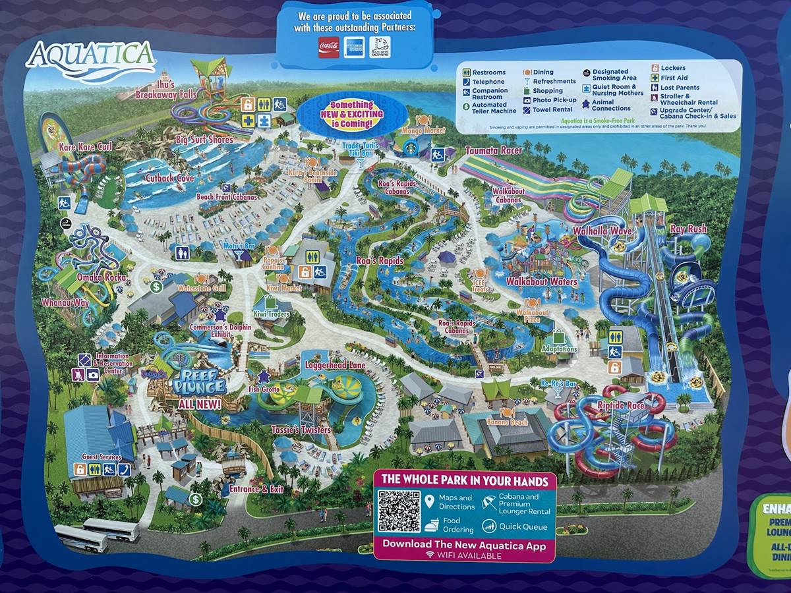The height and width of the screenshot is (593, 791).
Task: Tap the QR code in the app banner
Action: pos(399,511)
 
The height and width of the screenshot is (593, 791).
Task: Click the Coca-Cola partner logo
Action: pos(328,47)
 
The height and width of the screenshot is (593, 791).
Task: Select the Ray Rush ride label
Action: pos(688,229)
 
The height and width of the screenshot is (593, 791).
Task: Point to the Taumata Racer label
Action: pos(494,150)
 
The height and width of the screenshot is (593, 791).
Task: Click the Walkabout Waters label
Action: pos(541,282)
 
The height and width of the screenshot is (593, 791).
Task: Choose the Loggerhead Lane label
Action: pos(335,364)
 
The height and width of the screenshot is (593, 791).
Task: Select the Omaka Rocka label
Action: pos(102,277)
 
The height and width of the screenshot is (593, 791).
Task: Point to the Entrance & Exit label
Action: pos(256,489)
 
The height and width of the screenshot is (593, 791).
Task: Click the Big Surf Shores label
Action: pos(204,140)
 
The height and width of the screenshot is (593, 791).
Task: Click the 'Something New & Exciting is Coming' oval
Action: pos(351,115)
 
